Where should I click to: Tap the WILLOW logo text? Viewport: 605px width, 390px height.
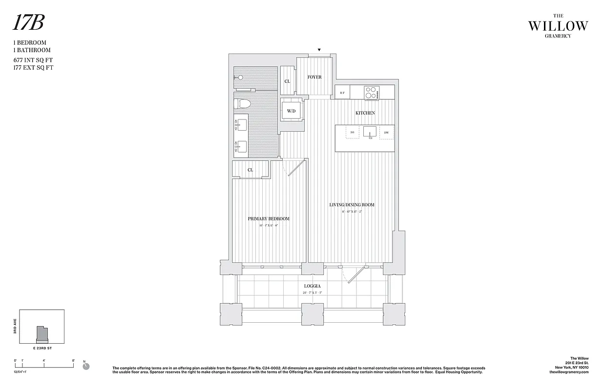(558, 26)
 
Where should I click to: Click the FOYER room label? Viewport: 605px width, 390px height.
(314, 77)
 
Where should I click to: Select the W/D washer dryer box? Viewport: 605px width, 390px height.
(292, 111)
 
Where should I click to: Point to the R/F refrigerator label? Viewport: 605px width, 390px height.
(342, 93)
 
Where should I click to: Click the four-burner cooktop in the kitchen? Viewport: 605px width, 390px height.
(372, 93)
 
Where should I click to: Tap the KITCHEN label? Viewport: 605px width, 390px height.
(365, 113)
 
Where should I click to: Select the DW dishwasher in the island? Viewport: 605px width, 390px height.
(386, 133)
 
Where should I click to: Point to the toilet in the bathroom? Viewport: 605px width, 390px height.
(242, 103)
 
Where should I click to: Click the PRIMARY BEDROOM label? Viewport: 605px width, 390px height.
(268, 219)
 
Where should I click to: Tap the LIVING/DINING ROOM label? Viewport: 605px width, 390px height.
(352, 205)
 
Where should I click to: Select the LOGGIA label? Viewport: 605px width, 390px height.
(312, 286)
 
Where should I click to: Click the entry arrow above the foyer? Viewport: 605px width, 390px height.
(319, 50)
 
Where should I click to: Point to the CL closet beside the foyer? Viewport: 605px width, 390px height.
(287, 81)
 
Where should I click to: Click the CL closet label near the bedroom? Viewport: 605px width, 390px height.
(250, 170)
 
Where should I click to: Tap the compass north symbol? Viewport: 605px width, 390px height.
(84, 363)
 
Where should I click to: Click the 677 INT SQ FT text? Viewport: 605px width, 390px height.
(33, 60)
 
